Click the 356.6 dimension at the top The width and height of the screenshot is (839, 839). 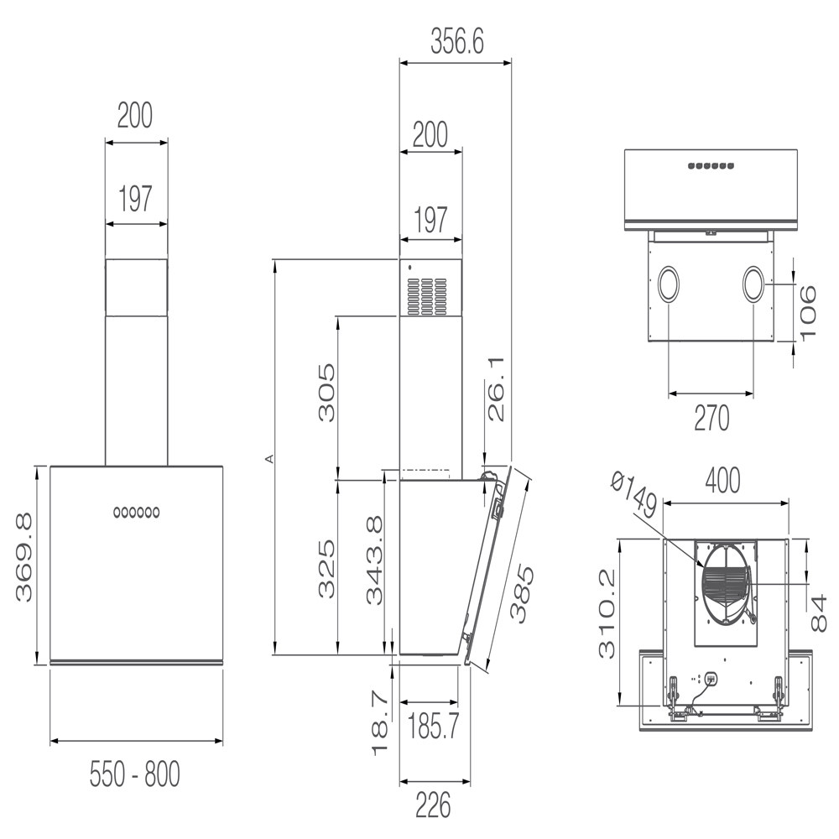457,42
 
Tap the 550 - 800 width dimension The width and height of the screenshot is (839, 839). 135,774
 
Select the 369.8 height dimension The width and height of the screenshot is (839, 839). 24,558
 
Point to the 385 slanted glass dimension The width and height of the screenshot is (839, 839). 522,593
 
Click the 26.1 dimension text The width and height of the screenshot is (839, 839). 496,389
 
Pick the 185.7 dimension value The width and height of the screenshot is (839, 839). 434,726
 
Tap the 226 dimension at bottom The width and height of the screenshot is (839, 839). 433,805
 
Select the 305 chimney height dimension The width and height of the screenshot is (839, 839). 327,393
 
